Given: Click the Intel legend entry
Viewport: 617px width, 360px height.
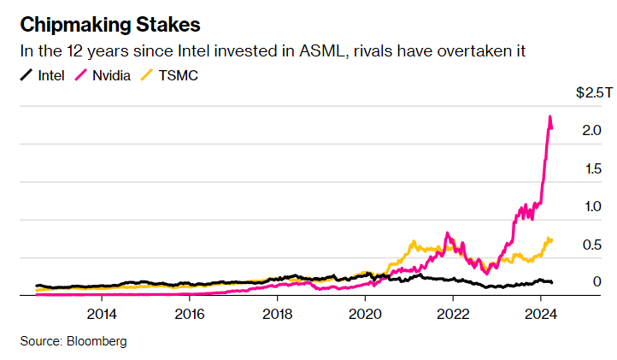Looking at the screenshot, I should click(49, 75).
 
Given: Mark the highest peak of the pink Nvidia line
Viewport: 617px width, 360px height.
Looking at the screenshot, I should click(549, 116).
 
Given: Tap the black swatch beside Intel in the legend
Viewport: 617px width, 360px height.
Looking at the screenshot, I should click(26, 75).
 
